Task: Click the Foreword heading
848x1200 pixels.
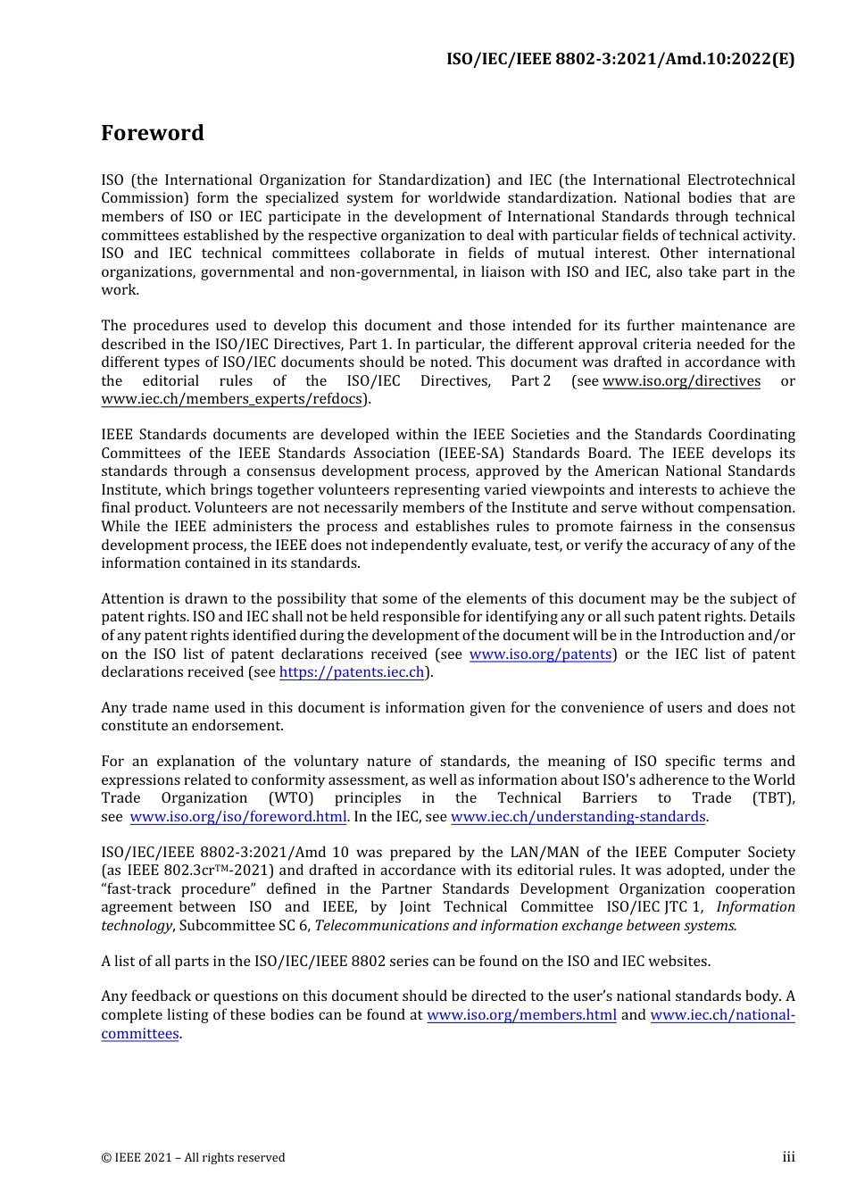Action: (153, 133)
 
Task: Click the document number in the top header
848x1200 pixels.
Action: (620, 59)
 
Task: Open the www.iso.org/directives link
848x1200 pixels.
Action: (681, 381)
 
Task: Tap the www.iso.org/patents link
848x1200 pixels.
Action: (540, 654)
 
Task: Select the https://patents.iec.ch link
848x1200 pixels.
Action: (352, 672)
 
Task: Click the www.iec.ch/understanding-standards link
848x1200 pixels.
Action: (578, 817)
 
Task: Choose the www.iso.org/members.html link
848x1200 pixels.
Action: (521, 1015)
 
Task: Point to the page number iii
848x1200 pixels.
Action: (788, 1157)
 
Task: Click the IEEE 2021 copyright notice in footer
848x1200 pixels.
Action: (193, 1158)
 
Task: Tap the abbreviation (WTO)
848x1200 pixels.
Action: (291, 798)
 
